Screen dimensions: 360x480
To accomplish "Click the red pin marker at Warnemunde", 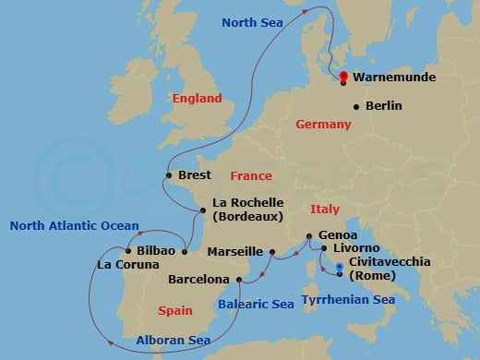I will point(343,78).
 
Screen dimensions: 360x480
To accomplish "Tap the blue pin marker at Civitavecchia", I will point(340,270).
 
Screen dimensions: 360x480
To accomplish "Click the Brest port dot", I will point(168,175).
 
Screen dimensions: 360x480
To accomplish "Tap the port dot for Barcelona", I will point(238,279).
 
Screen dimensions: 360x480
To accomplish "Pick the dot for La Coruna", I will point(126,251).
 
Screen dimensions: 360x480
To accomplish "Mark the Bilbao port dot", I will point(185,251).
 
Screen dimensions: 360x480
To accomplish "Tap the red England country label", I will point(197,98).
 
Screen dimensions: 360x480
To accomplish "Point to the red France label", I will point(251,175).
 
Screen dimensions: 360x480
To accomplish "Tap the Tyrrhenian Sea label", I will point(349,300).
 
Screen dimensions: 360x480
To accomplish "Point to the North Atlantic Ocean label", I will point(74,225).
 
